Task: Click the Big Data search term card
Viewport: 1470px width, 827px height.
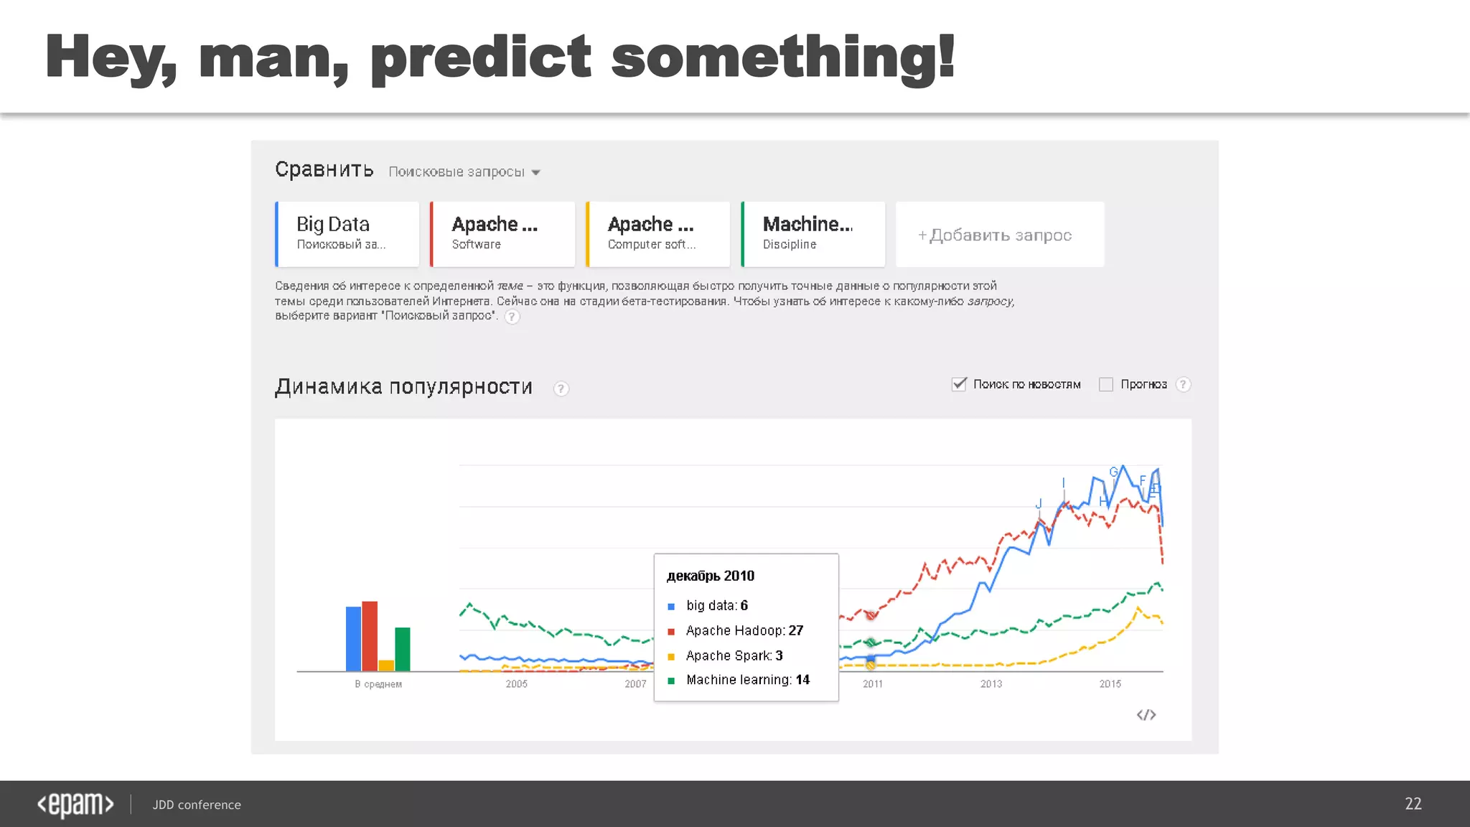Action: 347,234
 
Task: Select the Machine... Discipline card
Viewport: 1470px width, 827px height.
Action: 813,234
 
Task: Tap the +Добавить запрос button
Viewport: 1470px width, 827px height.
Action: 999,235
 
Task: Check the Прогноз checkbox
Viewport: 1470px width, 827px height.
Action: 1106,385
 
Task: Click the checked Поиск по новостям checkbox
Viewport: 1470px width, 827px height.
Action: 959,384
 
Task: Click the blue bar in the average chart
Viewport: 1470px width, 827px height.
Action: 353,639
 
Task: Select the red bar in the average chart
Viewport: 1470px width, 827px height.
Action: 370,636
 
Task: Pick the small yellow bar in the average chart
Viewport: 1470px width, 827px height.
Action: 386,665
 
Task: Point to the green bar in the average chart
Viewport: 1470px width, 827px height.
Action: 403,649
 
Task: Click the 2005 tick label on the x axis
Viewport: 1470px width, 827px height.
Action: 517,684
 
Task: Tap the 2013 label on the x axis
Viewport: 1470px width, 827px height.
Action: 991,684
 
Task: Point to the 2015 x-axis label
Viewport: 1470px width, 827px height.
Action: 1110,684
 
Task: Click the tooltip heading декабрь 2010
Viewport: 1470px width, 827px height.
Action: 711,576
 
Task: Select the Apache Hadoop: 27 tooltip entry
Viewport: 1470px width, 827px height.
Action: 744,630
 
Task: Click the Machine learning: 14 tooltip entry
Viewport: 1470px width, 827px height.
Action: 747,680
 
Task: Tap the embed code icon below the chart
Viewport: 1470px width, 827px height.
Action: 1146,715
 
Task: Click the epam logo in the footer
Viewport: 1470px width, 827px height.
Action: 75,805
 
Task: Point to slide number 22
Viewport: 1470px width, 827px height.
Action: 1413,804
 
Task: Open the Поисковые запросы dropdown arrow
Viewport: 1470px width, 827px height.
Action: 536,173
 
